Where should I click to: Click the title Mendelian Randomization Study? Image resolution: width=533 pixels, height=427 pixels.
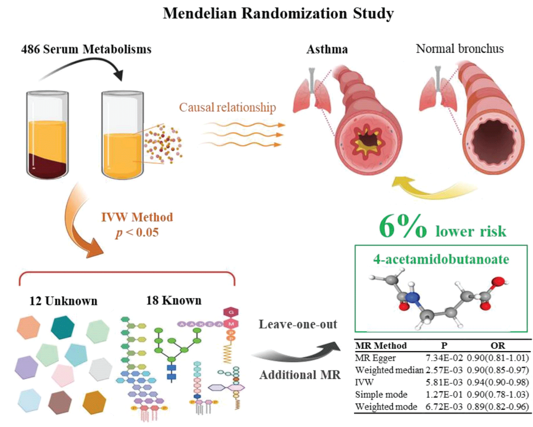pos(278,14)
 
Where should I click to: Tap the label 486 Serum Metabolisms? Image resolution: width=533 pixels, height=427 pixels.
pos(86,49)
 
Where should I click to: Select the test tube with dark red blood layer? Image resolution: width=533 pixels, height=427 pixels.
pos(47,135)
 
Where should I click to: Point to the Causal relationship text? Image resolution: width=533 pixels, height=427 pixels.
pos(227,107)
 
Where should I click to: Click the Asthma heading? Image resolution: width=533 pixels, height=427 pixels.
pos(327,49)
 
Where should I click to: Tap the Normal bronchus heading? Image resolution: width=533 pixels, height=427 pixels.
pos(460,49)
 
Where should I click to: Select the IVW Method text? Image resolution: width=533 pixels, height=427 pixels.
pos(137,217)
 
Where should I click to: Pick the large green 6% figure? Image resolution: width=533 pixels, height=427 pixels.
pos(403,226)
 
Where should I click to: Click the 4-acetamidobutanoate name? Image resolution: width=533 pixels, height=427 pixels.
pos(441,259)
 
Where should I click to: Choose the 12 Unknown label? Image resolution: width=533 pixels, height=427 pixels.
pos(63,301)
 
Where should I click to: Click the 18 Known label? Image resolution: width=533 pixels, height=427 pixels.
pos(174,300)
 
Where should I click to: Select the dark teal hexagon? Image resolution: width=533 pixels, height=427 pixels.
pos(63,327)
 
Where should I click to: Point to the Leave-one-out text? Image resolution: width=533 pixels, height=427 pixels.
pos(298,324)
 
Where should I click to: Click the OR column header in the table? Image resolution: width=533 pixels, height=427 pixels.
pos(497,346)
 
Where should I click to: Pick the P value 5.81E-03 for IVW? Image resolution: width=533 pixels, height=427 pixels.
pos(444,382)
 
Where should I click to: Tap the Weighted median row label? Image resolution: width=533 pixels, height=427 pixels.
pos(389,370)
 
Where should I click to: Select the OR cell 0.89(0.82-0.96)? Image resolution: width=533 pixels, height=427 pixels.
pos(497,406)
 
